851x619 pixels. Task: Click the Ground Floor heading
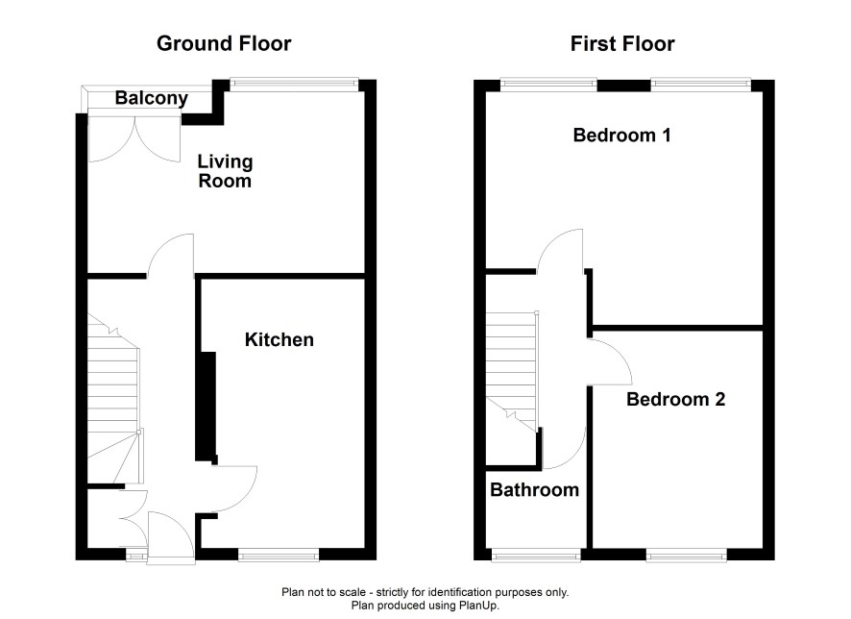(224, 43)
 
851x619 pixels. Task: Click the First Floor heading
(622, 43)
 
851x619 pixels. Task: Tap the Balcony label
(152, 98)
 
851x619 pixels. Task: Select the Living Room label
(225, 171)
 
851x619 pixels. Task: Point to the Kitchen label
(279, 340)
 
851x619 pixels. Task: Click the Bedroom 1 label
(622, 135)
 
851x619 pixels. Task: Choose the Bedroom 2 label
(675, 400)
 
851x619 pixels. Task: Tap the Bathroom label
(535, 490)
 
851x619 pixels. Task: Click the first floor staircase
(512, 371)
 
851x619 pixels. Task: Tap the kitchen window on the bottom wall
(279, 555)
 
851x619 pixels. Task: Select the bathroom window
(536, 555)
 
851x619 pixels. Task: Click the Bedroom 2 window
(687, 555)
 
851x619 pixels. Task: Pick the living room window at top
(294, 84)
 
